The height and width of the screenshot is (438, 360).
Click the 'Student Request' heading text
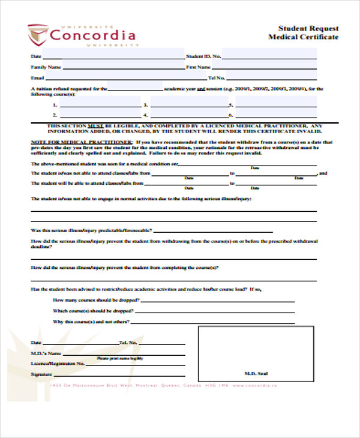(x=308, y=28)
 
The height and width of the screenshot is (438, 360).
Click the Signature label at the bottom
(x=41, y=374)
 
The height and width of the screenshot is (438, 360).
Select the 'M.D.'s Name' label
(x=46, y=353)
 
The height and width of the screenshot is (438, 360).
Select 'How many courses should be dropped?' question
(x=97, y=300)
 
